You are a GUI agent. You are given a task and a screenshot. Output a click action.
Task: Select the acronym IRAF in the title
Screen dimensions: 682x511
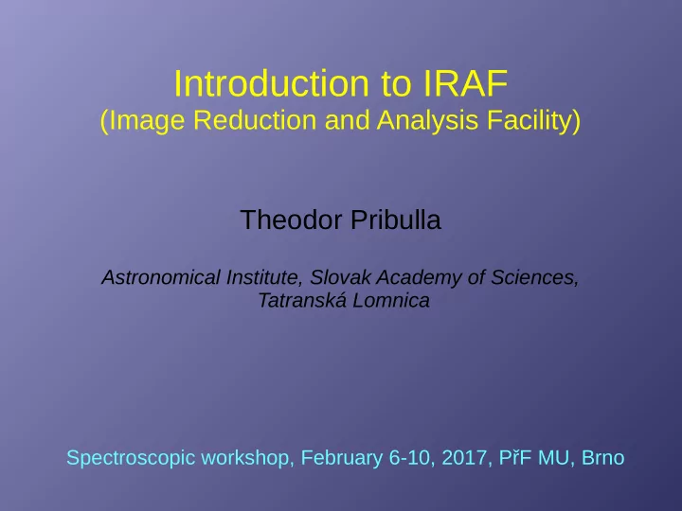[x=465, y=83]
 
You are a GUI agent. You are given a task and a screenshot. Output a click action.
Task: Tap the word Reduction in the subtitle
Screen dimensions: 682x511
[x=255, y=120]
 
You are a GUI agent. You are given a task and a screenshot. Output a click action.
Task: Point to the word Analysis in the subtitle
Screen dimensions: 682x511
[x=427, y=120]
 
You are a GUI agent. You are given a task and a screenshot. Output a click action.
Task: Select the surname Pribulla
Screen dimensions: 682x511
[x=396, y=220]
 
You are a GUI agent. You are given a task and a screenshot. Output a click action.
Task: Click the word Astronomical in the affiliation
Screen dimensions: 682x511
[x=161, y=277]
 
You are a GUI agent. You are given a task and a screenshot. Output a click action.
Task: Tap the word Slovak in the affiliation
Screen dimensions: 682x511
[x=340, y=277]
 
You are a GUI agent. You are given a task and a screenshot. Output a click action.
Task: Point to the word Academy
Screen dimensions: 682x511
[x=419, y=278]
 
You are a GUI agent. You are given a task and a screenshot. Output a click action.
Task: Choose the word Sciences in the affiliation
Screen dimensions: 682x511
[x=534, y=277]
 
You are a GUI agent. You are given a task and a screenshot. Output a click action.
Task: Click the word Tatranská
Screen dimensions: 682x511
[x=302, y=300]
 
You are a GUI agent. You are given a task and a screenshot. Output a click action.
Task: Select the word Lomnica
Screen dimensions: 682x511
[x=390, y=300]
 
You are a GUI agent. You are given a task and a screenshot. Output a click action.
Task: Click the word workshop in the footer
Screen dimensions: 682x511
[x=247, y=458]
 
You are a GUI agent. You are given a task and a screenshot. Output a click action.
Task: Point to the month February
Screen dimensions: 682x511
[x=341, y=458]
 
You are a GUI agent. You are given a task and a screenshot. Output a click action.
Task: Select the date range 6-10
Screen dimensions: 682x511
[x=412, y=458]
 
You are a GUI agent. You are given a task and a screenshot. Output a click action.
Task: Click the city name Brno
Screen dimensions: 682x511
[x=602, y=458]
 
